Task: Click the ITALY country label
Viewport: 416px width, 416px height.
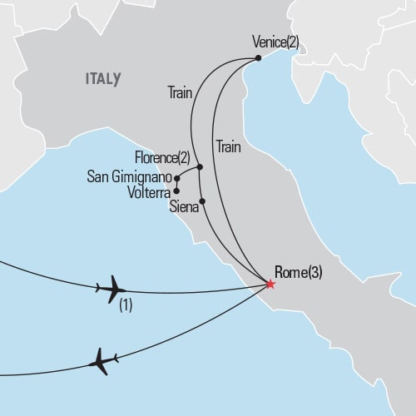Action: click(102, 79)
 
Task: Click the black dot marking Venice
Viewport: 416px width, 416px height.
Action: click(259, 57)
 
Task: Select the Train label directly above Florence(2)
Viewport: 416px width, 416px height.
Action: click(180, 94)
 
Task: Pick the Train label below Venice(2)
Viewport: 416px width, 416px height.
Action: click(228, 147)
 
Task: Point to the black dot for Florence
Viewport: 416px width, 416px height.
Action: click(201, 167)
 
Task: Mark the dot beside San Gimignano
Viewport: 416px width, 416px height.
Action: click(176, 178)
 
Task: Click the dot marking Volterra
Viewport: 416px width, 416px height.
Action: click(176, 191)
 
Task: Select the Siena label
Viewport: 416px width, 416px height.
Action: click(183, 207)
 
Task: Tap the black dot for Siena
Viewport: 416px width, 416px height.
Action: click(203, 201)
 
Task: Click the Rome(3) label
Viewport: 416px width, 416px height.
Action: click(297, 271)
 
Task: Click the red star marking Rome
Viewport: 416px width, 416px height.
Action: click(270, 285)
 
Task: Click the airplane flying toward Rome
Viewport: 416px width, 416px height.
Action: click(111, 289)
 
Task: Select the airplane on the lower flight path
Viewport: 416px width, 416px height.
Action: click(101, 361)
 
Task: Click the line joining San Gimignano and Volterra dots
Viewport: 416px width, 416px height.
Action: click(176, 185)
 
